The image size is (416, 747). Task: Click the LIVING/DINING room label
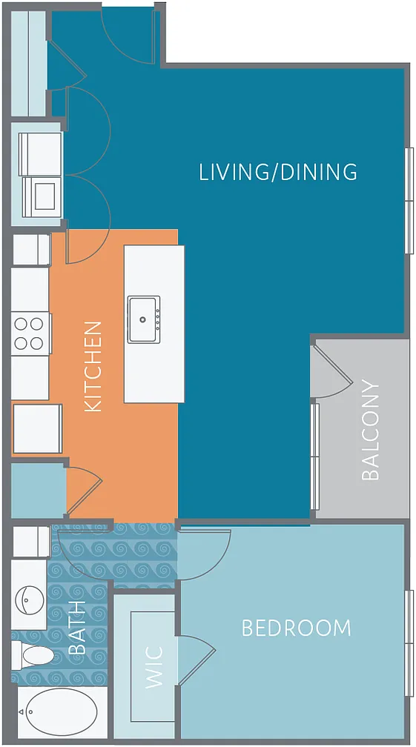pos(278,172)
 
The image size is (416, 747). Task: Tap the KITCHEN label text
pos(93,366)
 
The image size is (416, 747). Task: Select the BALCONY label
pos(370,430)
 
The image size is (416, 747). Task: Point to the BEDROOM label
pos(297,628)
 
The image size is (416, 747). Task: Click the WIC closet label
pos(154,667)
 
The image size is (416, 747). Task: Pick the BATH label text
pos(77,628)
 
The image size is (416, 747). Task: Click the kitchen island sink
pos(143,319)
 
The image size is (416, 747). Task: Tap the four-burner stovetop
pos(30,333)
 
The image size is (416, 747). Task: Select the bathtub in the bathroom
pos(61,712)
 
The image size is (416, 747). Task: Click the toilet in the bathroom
pos(33,656)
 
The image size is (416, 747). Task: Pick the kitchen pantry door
pos(84,491)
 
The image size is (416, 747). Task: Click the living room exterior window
pos(409,201)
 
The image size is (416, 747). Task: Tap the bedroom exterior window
pos(409,643)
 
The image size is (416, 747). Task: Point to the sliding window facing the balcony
pos(314,456)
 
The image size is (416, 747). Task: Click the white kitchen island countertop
pos(154,324)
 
